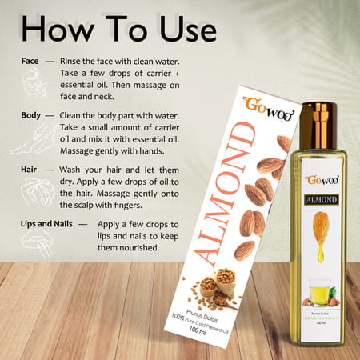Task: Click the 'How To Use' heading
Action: pyautogui.click(x=118, y=30)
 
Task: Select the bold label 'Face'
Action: pyautogui.click(x=33, y=61)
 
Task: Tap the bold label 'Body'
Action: pyautogui.click(x=34, y=116)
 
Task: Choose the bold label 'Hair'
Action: pyautogui.click(x=33, y=170)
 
